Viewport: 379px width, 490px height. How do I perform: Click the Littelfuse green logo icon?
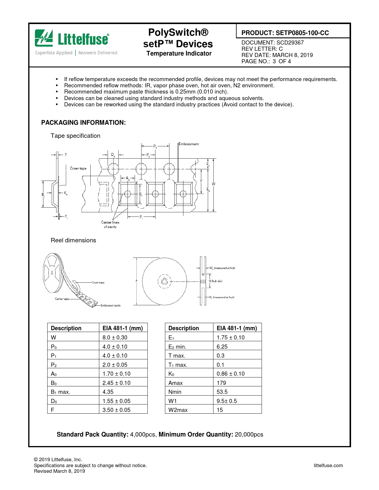(x=44, y=38)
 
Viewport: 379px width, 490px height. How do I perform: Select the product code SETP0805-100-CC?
(x=302, y=33)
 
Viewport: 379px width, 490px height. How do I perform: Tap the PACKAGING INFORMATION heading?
(x=84, y=123)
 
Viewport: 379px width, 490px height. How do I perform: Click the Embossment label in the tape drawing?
(x=189, y=144)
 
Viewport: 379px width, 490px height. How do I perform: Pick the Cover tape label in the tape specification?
(x=78, y=168)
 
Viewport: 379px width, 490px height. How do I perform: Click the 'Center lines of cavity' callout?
(x=110, y=225)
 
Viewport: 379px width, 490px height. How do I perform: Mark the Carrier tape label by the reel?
(x=62, y=299)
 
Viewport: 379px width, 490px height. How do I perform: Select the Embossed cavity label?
(x=111, y=306)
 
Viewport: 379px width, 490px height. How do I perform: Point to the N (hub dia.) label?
(x=216, y=281)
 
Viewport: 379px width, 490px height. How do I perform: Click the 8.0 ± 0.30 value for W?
(x=115, y=338)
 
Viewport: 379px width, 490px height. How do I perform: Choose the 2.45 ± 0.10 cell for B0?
(x=116, y=383)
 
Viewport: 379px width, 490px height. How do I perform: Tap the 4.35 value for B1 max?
(x=108, y=392)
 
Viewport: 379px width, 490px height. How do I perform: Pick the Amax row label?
(x=175, y=383)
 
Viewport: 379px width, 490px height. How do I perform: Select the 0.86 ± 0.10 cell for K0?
(x=230, y=374)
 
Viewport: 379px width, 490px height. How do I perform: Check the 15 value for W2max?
(x=220, y=410)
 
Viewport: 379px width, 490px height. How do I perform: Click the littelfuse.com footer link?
(x=328, y=466)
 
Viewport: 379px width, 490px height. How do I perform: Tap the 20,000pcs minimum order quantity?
(x=249, y=435)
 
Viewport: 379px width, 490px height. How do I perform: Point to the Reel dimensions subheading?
(x=73, y=241)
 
